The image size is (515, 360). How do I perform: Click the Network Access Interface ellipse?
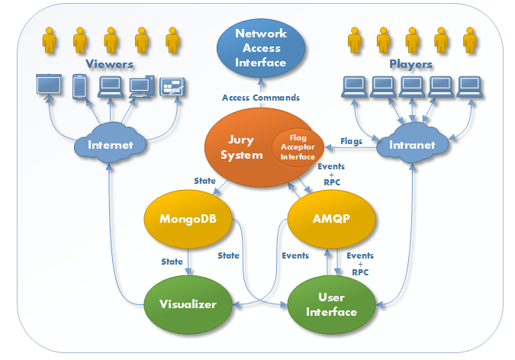[261, 47]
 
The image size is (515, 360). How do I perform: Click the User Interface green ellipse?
[331, 305]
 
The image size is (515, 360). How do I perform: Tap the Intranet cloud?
[411, 143]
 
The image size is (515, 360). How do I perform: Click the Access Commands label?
[261, 98]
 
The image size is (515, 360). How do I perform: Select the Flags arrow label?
[352, 140]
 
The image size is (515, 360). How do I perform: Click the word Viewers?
[110, 64]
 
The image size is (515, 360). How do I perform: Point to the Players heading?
[410, 64]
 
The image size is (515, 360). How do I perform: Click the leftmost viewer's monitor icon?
[49, 85]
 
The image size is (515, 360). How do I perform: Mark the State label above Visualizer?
[172, 262]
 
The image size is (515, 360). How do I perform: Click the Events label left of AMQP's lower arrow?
[295, 256]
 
